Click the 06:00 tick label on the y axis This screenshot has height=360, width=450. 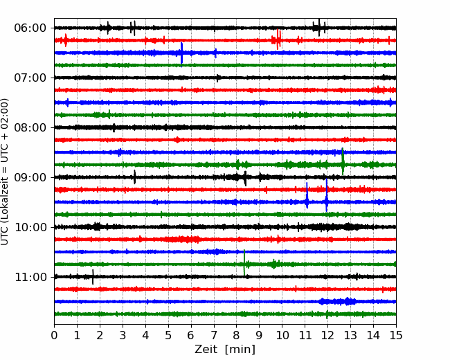coord(30,28)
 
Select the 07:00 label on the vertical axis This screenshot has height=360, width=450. coord(30,78)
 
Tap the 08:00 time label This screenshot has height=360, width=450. coord(30,127)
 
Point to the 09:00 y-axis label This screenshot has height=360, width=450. coord(30,177)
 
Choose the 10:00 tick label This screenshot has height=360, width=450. coord(30,227)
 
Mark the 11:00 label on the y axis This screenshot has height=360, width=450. coord(30,277)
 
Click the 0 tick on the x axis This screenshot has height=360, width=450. coord(54,335)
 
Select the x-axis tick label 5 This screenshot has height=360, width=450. coord(168,335)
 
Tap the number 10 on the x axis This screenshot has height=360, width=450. coord(282,335)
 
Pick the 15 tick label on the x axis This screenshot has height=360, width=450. coord(396,335)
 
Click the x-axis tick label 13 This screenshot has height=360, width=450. coord(350,335)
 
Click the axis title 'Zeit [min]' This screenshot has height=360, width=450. coord(225,350)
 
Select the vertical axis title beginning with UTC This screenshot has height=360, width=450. coord(5,172)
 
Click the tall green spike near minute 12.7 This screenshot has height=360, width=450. coord(343,161)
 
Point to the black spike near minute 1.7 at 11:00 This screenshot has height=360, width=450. coord(93,277)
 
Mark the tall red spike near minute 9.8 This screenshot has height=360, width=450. coord(278,39)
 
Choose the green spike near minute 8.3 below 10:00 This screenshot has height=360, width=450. coord(244,263)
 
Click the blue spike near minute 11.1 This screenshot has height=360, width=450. coord(307,195)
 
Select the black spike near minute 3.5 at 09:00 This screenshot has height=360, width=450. coord(134,177)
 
